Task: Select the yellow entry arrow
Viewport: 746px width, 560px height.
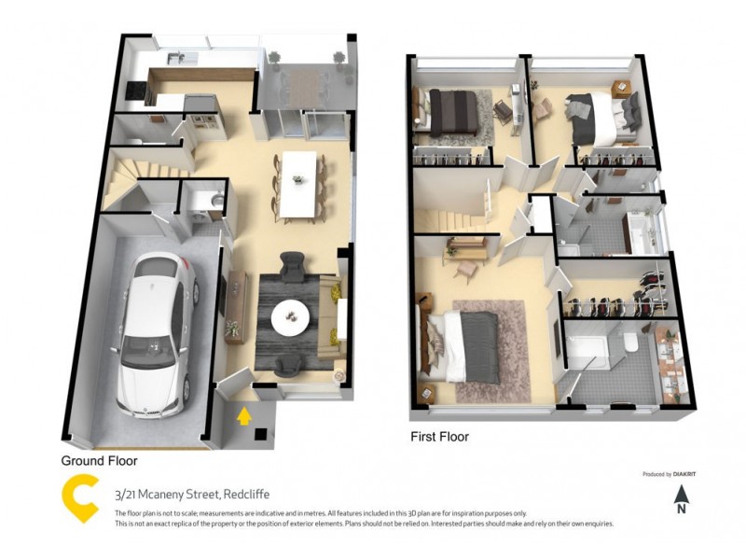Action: tap(244, 414)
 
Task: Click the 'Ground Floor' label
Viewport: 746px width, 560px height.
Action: tap(99, 461)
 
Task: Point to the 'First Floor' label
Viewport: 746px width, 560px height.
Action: tap(439, 437)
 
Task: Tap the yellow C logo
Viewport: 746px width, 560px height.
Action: tap(80, 499)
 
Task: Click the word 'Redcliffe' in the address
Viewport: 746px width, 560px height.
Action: tap(245, 495)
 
